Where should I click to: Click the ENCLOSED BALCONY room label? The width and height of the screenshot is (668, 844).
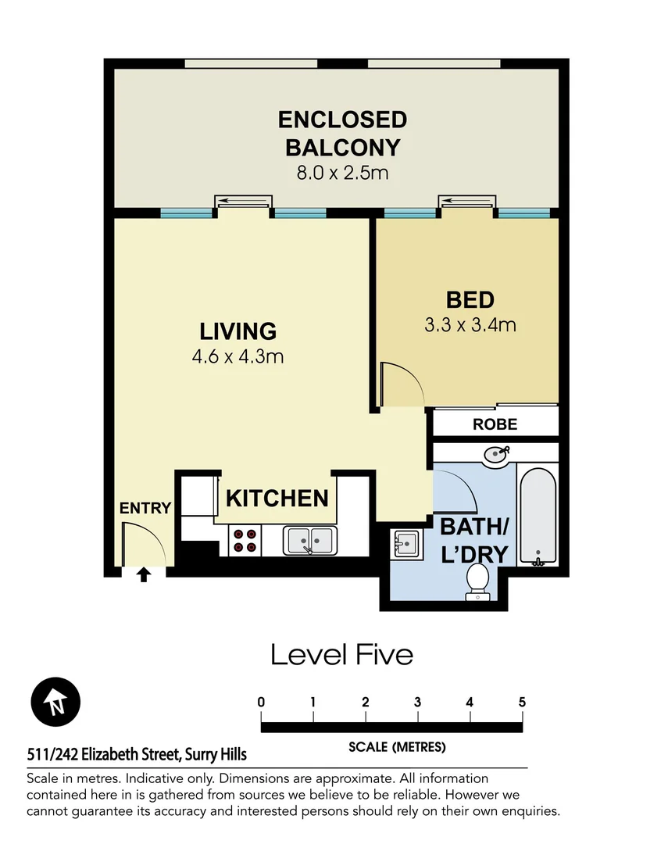click(x=342, y=133)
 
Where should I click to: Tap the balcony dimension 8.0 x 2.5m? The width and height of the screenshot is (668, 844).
click(x=342, y=173)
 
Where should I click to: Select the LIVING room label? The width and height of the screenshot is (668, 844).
click(x=238, y=331)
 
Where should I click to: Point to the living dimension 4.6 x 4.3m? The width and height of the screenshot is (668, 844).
click(x=238, y=357)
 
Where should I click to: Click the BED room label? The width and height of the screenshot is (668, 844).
click(x=470, y=299)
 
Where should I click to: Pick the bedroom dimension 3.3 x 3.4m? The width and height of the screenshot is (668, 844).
click(x=470, y=324)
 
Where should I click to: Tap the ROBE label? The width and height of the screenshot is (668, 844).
click(x=495, y=424)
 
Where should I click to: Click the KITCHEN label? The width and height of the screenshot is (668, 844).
click(x=277, y=498)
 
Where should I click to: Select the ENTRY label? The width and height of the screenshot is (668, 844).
click(x=145, y=508)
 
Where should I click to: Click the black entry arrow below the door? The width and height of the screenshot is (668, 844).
click(x=144, y=575)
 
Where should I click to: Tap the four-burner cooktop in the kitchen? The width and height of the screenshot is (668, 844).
click(x=245, y=541)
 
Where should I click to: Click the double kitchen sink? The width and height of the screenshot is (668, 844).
click(x=310, y=540)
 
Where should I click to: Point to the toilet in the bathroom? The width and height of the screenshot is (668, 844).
click(x=477, y=583)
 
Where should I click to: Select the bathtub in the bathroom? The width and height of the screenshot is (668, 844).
click(x=538, y=516)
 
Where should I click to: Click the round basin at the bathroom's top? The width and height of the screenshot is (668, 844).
click(x=495, y=455)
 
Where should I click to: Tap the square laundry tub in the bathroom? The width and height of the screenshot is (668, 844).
click(x=405, y=542)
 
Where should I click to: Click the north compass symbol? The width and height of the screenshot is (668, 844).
click(x=55, y=699)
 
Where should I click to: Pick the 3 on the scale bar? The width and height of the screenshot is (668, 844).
click(x=418, y=702)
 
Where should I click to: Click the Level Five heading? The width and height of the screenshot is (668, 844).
click(x=341, y=654)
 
